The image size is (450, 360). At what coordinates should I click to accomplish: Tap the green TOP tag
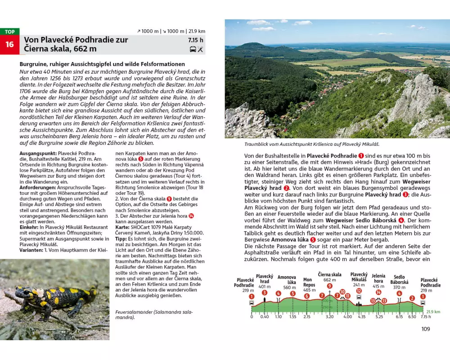pyautogui.click(x=9, y=32)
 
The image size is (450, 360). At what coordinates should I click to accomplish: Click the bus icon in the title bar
pyautogui.click(x=193, y=49)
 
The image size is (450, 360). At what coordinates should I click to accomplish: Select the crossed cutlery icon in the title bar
pyautogui.click(x=200, y=49)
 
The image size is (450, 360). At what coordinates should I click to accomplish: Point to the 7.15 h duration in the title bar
pyautogui.click(x=196, y=40)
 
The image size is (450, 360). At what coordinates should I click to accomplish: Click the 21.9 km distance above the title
pyautogui.click(x=197, y=31)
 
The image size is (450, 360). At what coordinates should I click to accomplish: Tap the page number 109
pyautogui.click(x=425, y=329)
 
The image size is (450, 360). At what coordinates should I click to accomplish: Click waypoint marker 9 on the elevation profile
pyautogui.click(x=330, y=286)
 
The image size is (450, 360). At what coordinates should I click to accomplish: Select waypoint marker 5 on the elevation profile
pyautogui.click(x=292, y=294)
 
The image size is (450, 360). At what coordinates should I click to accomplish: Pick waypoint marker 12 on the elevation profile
pyautogui.click(x=359, y=291)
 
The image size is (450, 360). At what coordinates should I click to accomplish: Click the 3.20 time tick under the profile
pyautogui.click(x=330, y=317)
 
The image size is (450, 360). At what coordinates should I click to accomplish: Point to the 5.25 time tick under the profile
pyautogui.click(x=379, y=317)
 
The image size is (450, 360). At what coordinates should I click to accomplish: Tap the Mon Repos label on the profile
pyautogui.click(x=309, y=282)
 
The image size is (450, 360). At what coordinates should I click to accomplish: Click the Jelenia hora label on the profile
pyautogui.click(x=378, y=279)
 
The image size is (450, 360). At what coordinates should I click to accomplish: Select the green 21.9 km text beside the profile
pyautogui.click(x=433, y=311)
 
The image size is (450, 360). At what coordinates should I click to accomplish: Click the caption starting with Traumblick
pyautogui.click(x=312, y=144)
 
